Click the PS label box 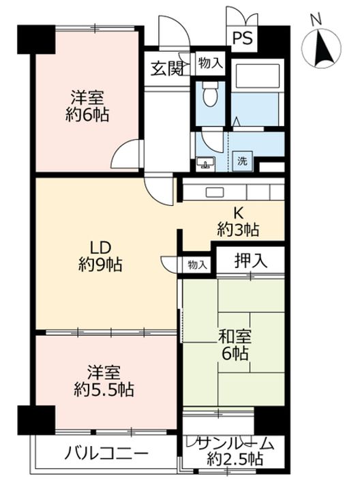pyautogui.click(x=242, y=38)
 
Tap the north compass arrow pyautogui.click(x=322, y=50)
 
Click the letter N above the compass pyautogui.click(x=316, y=21)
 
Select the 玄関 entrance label pyautogui.click(x=166, y=68)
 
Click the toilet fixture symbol pyautogui.click(x=209, y=95)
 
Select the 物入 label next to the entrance pyautogui.click(x=210, y=63)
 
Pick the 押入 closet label pyautogui.click(x=250, y=259)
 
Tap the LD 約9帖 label pyautogui.click(x=100, y=256)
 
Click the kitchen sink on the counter pyautogui.click(x=212, y=191)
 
